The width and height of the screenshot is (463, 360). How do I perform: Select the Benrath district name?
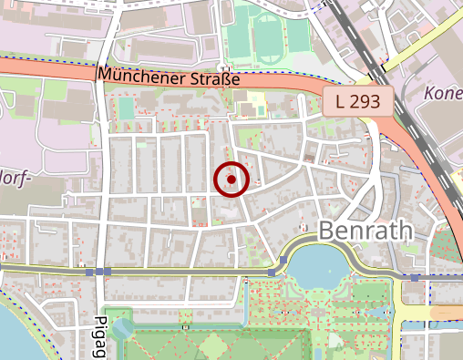[366, 231]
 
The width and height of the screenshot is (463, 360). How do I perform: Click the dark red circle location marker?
[231, 180]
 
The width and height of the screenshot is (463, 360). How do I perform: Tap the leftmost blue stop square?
[89, 272]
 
